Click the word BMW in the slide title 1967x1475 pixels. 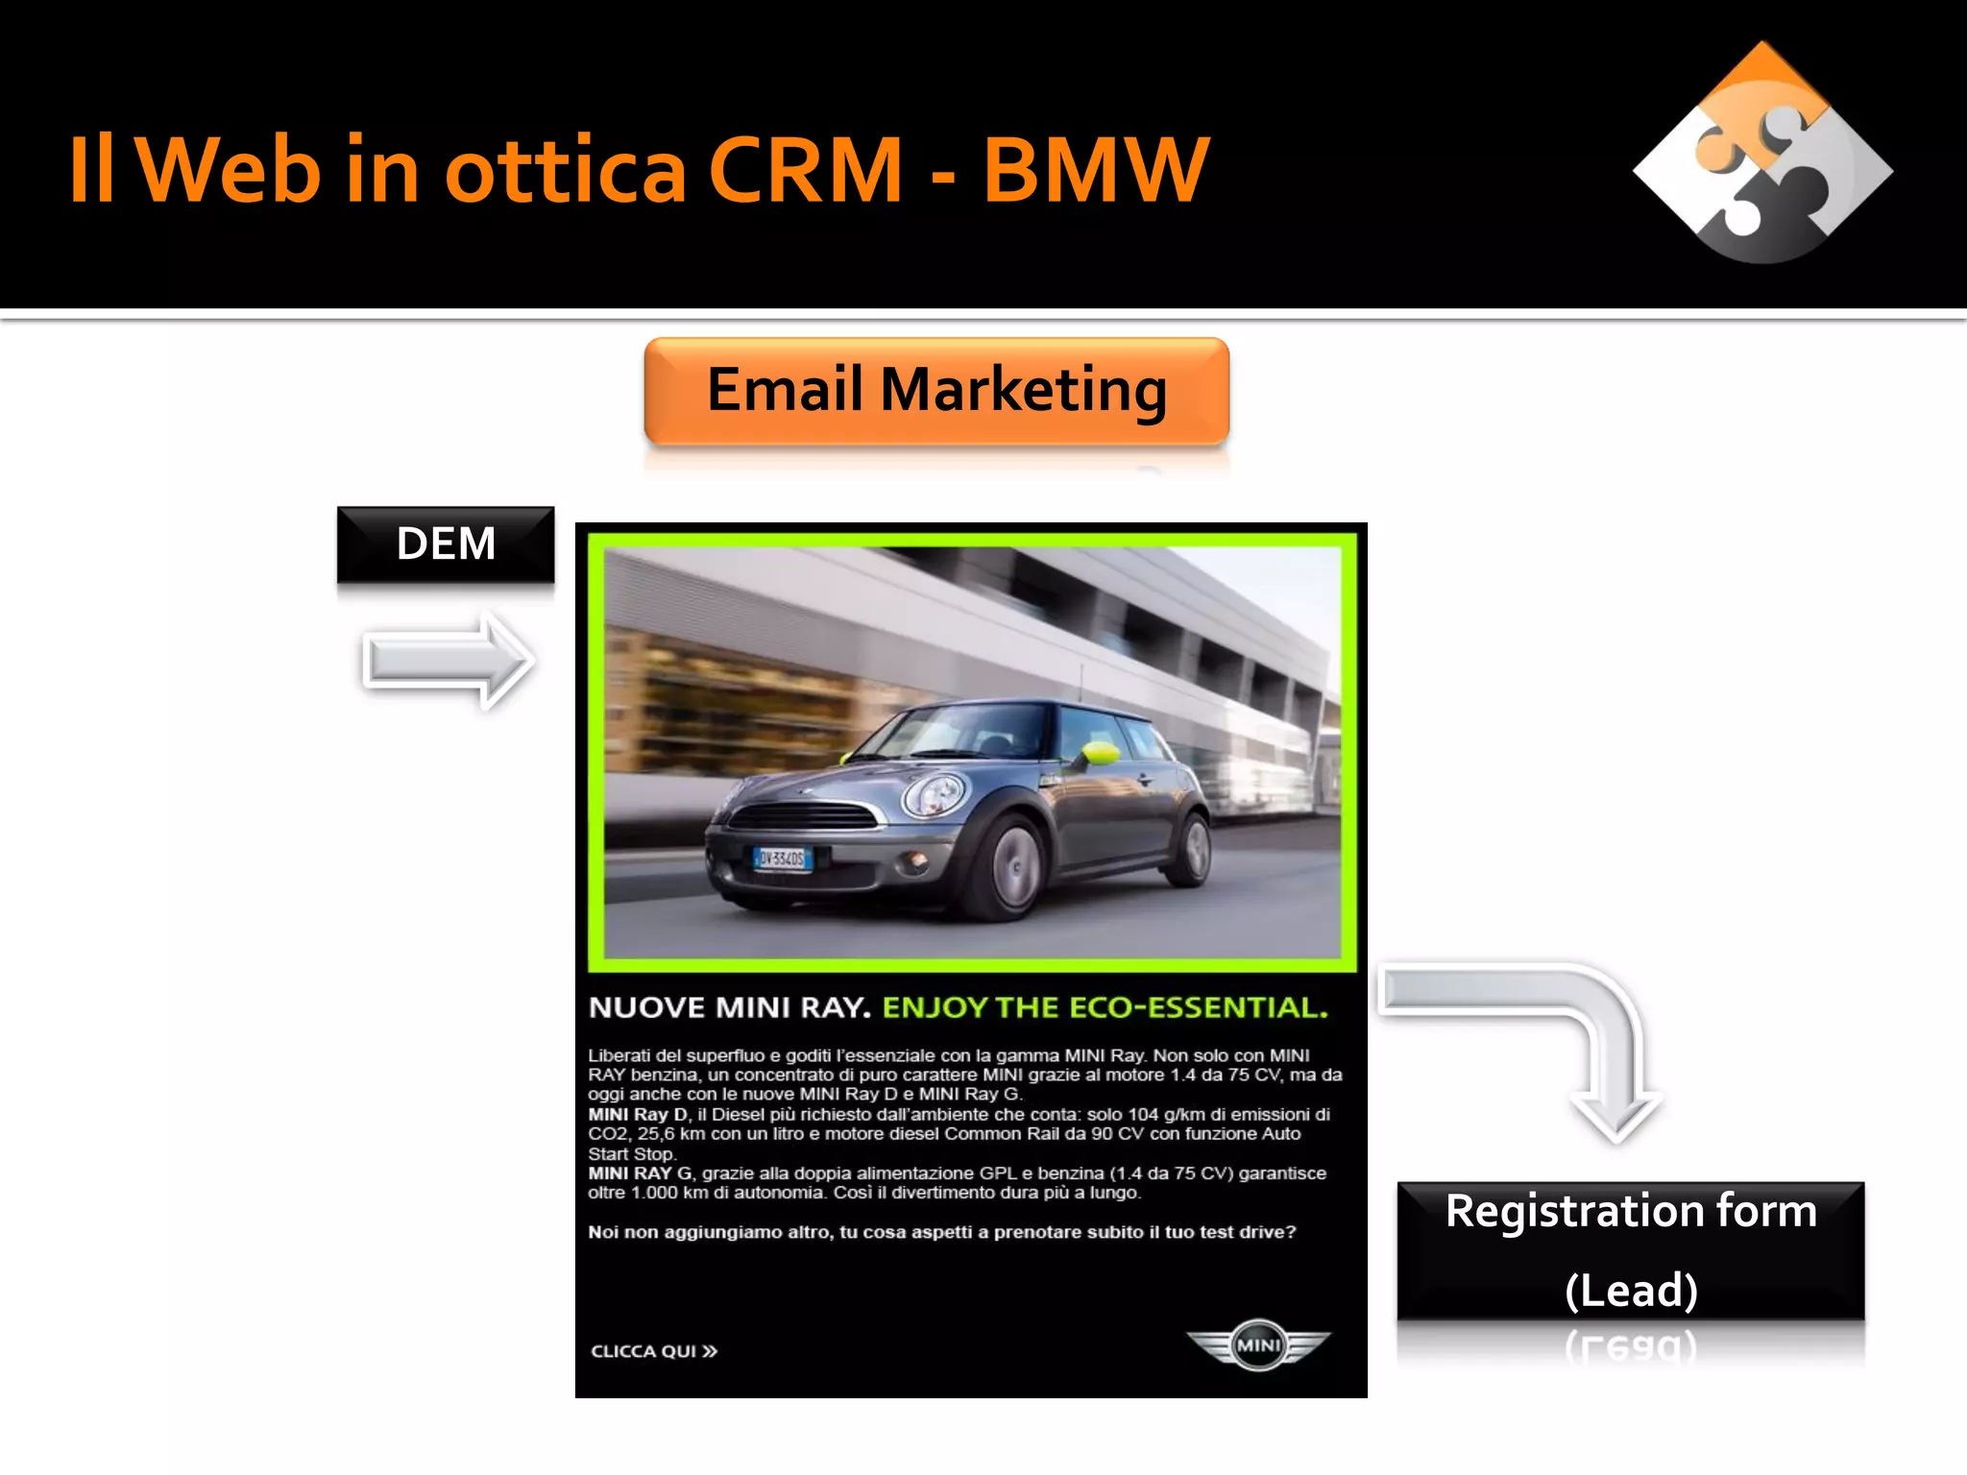tap(1095, 171)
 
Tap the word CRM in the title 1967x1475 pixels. tap(805, 171)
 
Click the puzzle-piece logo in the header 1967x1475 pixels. tap(1762, 154)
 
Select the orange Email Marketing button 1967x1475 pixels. tap(936, 391)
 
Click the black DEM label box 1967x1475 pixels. tap(446, 544)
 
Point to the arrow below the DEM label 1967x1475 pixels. tap(449, 661)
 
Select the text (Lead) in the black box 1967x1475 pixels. tap(1631, 1290)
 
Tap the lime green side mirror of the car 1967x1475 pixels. tap(1102, 752)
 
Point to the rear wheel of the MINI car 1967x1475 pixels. tap(1195, 848)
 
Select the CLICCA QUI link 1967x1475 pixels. tap(654, 1351)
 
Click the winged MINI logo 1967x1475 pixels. tap(1258, 1344)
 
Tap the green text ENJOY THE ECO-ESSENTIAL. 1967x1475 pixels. tap(1105, 1007)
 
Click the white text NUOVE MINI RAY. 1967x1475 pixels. tap(729, 1007)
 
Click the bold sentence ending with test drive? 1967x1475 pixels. tap(941, 1232)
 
